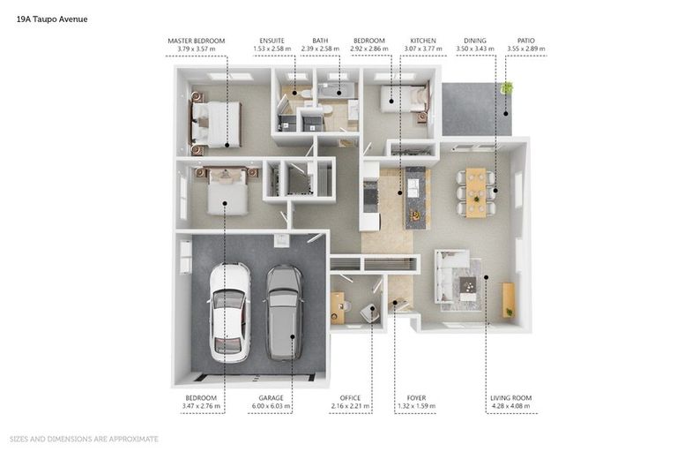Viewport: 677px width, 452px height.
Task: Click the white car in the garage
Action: click(229, 313)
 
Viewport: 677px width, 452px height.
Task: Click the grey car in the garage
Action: click(284, 313)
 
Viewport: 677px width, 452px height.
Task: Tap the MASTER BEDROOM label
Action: click(197, 41)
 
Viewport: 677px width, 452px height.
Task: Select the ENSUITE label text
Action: click(272, 41)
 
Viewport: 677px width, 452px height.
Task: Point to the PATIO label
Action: click(526, 41)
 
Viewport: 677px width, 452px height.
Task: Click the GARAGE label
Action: click(272, 398)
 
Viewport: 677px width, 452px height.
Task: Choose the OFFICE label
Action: click(350, 398)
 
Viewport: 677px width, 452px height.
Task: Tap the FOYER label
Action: click(416, 398)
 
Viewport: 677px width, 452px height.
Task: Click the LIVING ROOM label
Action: click(511, 398)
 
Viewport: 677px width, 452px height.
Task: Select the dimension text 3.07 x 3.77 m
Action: click(423, 49)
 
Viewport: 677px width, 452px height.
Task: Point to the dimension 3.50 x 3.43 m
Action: click(475, 49)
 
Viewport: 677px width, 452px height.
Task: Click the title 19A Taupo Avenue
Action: click(52, 19)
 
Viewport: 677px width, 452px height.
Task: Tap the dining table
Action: click(476, 192)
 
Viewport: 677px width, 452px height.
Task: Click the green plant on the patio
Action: click(507, 87)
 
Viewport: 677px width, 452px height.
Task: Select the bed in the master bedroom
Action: click(215, 124)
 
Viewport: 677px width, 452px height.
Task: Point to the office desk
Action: click(338, 308)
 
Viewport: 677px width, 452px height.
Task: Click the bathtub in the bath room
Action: click(337, 91)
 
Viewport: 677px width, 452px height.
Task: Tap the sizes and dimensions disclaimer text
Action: click(84, 439)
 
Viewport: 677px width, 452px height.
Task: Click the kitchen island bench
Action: click(417, 198)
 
